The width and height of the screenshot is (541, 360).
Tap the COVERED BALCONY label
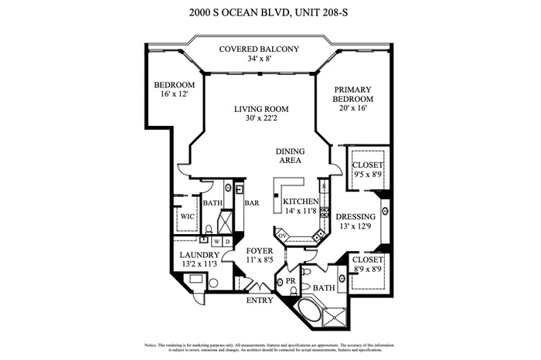point(257,49)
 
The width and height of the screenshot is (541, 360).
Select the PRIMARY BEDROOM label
point(352,93)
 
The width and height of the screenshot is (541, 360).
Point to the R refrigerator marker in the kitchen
point(324,188)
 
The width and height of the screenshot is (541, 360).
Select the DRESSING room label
point(356,216)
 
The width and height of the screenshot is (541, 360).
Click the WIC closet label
point(186,217)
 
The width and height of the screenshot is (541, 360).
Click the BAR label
point(251,204)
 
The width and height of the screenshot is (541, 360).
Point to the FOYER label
point(259,251)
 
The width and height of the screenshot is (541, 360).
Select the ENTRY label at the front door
point(260,301)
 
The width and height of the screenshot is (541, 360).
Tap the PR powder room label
point(291,281)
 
